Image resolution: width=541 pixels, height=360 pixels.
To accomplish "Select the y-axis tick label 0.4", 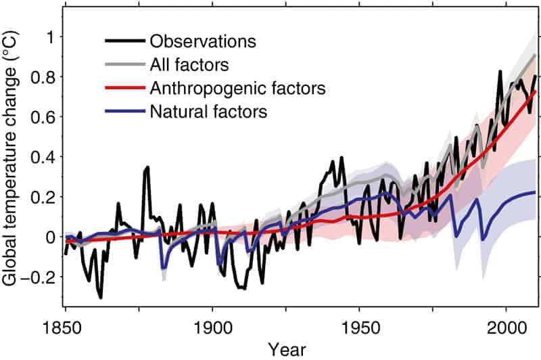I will pos(43,157).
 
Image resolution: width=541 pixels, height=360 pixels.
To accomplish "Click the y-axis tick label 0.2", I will pos(43,197).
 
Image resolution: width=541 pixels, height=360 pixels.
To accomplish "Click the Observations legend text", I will pos(203,41).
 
